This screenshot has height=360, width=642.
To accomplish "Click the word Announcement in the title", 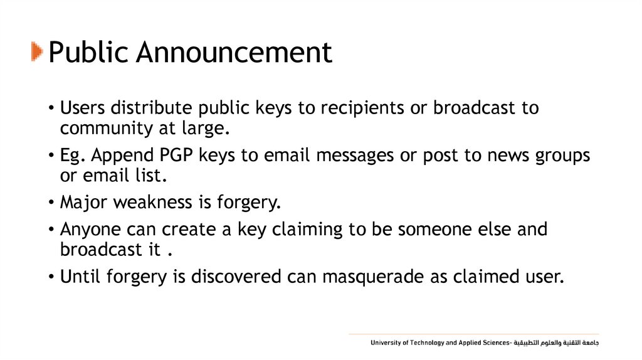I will (234, 53).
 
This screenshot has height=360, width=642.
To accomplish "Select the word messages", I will (352, 155).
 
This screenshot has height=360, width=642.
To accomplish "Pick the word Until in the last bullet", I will (78, 277).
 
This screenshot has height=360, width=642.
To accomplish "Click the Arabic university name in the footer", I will (557, 343).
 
